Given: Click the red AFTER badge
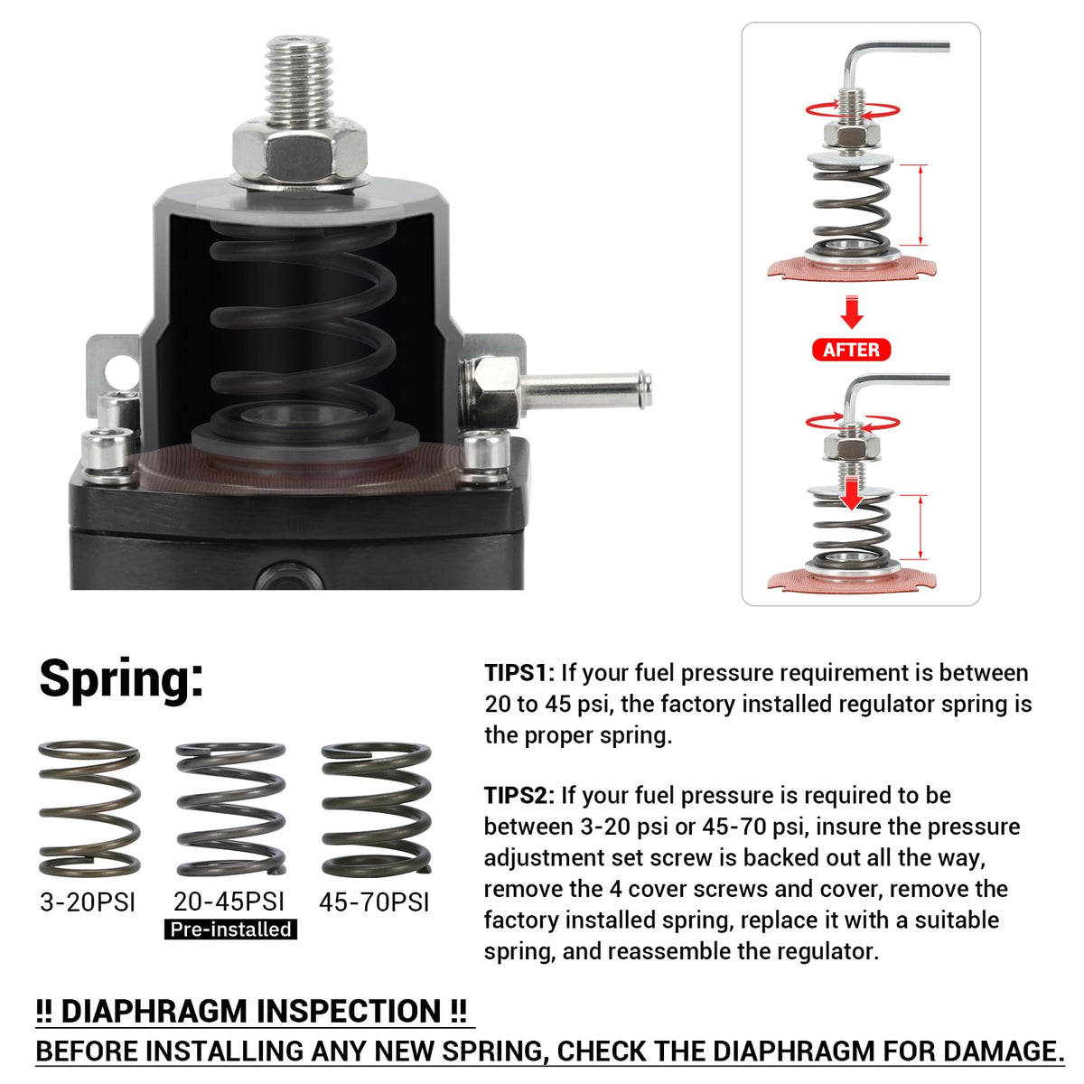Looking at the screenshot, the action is pyautogui.click(x=851, y=350).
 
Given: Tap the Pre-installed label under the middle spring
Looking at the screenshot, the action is pyautogui.click(x=230, y=930).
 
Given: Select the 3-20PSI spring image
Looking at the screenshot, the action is pyautogui.click(x=89, y=808).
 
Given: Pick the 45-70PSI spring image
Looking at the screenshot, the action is pyautogui.click(x=376, y=808).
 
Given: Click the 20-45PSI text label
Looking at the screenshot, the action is pyautogui.click(x=229, y=902).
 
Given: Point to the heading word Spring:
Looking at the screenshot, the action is pyautogui.click(x=122, y=680).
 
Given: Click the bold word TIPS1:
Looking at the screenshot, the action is pyautogui.click(x=519, y=673).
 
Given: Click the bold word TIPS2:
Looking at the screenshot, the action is pyautogui.click(x=519, y=796).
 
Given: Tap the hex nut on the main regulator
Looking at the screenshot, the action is pyautogui.click(x=300, y=152).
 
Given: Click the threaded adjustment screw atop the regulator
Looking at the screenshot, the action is pyautogui.click(x=299, y=79).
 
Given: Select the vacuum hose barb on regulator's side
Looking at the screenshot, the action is pyautogui.click(x=585, y=390).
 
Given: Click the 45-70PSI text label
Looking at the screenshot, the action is pyautogui.click(x=374, y=902).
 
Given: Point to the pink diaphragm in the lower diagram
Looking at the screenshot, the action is pyautogui.click(x=851, y=581).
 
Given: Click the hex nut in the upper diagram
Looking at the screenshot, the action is pyautogui.click(x=852, y=135).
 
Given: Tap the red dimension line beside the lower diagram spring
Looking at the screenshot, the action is pyautogui.click(x=920, y=527).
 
